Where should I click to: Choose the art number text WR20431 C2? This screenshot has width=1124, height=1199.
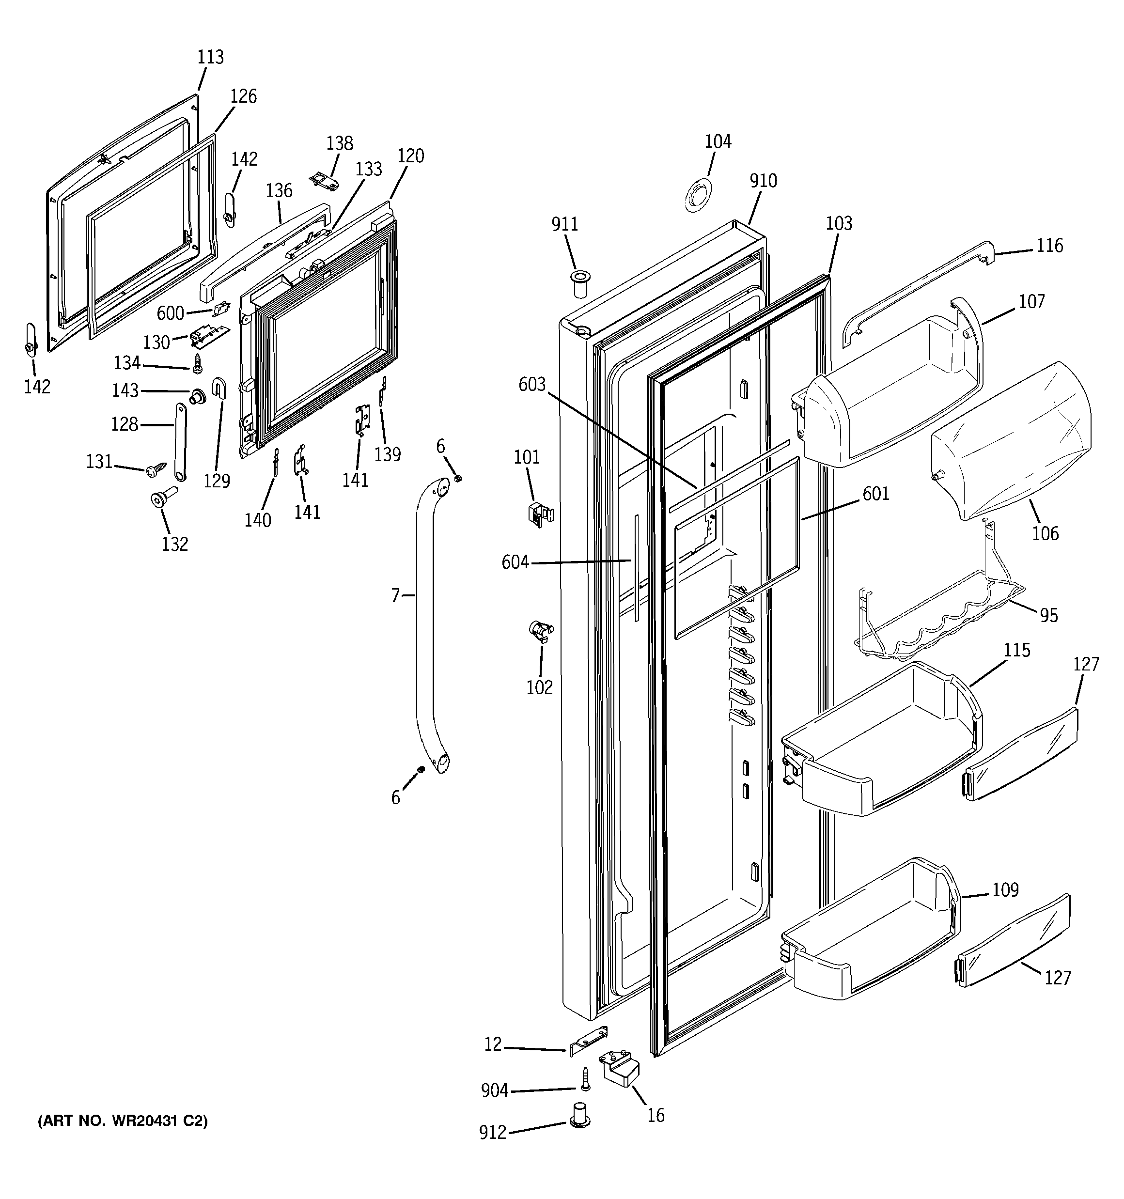click(x=123, y=1121)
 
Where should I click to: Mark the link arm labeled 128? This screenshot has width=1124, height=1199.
click(x=180, y=443)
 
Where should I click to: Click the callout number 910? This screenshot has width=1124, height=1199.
click(x=763, y=180)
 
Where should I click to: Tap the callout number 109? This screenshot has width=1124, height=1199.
click(x=1005, y=889)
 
